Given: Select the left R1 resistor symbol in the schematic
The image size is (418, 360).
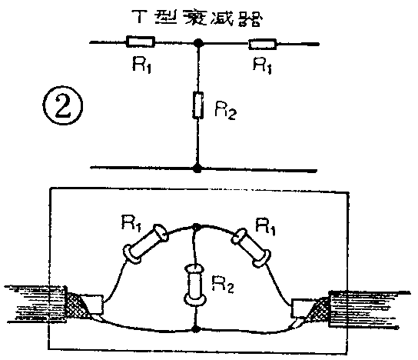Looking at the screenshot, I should click(x=140, y=42).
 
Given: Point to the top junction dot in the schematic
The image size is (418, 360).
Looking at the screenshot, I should click(x=200, y=43).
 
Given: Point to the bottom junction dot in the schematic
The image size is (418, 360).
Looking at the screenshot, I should click(x=200, y=167).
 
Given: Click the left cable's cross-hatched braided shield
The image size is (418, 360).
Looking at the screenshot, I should click(x=78, y=305).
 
